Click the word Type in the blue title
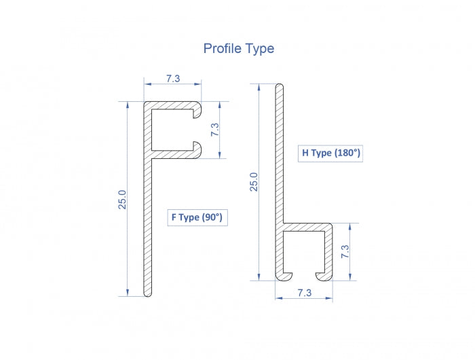(x=260, y=49)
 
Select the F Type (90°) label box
(x=197, y=217)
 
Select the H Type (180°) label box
(x=331, y=153)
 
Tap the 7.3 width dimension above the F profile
(x=172, y=79)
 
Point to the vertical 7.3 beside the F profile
(x=215, y=130)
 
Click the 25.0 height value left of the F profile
(x=123, y=200)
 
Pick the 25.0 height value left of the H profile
(x=254, y=182)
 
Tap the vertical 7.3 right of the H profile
(x=345, y=251)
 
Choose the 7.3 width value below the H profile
(x=304, y=293)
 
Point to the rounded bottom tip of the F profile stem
(x=147, y=293)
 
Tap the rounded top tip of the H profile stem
(x=278, y=87)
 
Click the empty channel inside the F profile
(x=173, y=129)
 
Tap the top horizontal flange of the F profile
(x=170, y=106)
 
